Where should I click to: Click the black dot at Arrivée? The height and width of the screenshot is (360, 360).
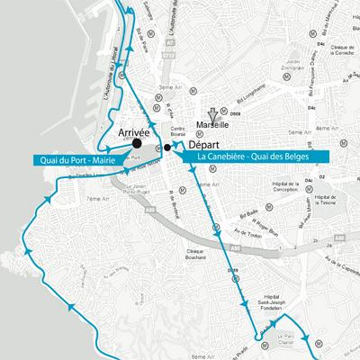click(x=136, y=142)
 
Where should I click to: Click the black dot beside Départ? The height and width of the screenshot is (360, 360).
click(x=166, y=146)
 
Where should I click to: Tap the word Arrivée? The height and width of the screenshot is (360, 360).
click(x=135, y=131)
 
